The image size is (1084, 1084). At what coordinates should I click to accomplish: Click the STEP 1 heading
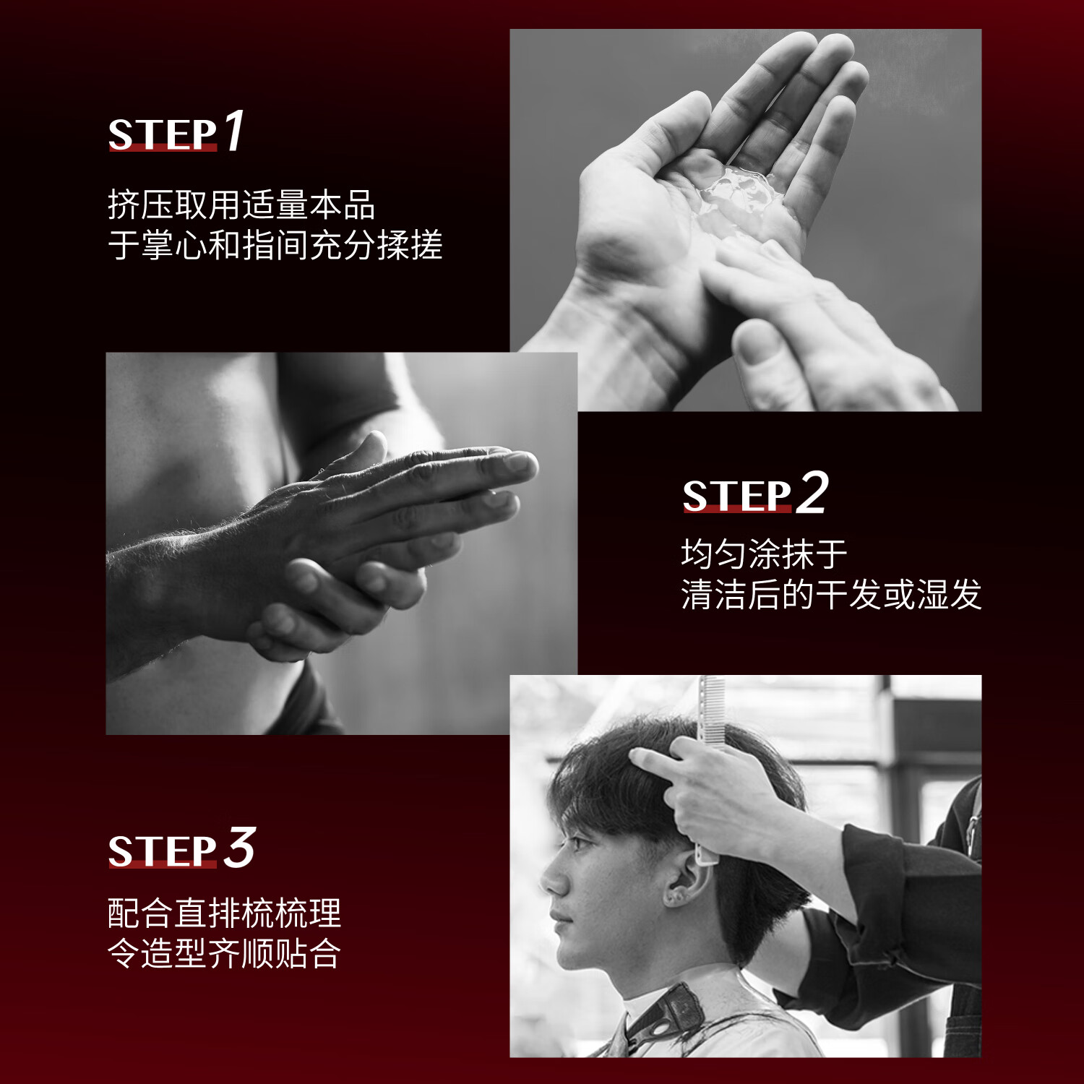(x=175, y=133)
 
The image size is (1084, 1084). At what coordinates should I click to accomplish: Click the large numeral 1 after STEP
(x=234, y=131)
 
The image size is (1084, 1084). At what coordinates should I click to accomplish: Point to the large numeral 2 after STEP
(x=812, y=493)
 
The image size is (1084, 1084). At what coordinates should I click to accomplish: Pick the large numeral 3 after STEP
(x=239, y=848)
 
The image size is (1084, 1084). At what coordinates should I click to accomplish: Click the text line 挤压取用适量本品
(x=241, y=205)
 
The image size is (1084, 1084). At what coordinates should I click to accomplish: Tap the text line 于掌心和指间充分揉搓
(x=275, y=246)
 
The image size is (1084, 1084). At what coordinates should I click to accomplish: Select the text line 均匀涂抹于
(x=764, y=555)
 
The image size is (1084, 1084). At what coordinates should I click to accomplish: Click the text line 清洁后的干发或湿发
(x=831, y=595)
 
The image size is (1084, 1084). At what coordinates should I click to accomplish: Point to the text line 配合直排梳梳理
(x=224, y=913)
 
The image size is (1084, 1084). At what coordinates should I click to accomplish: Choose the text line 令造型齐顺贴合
(x=224, y=954)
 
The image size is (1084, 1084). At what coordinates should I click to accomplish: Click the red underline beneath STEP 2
(x=737, y=509)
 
